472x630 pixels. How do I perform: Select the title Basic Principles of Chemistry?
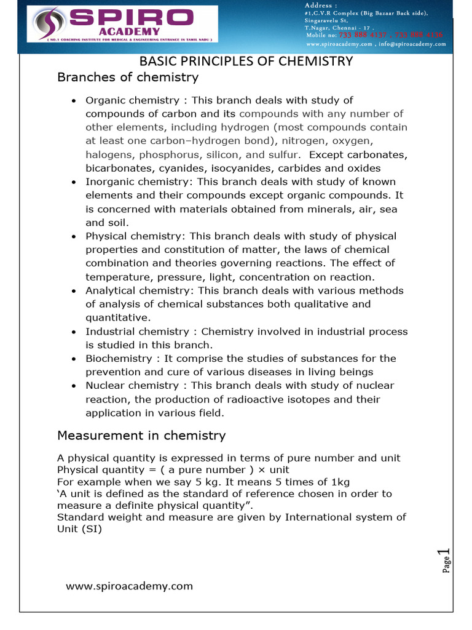click(246, 62)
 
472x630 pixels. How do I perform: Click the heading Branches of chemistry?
click(128, 78)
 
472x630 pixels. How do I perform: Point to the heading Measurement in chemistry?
click(141, 436)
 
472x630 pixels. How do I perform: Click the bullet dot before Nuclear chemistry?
click(74, 386)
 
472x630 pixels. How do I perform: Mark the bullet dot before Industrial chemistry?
click(74, 332)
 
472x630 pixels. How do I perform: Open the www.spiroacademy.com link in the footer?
click(129, 586)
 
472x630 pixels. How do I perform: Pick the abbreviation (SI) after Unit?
click(89, 528)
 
